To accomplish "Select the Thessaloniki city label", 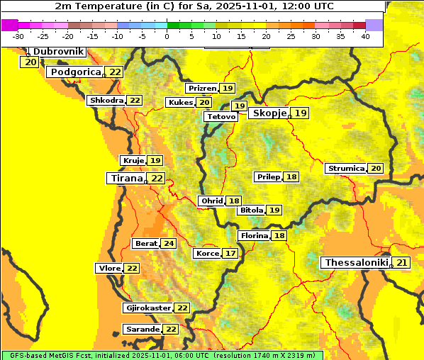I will (356, 263).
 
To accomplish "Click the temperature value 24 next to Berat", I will (168, 244).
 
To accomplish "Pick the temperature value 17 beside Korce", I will (230, 254).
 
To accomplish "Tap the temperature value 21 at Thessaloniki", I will (402, 263).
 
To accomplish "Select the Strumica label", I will (345, 169).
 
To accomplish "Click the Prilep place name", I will (268, 176).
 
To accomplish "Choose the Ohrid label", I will (211, 201).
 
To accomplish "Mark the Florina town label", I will (254, 236).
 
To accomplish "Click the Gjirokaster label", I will (147, 308).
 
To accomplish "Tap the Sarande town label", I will (142, 330).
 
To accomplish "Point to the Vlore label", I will (109, 269).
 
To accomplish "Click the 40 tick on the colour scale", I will (365, 36).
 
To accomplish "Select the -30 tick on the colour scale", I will (18, 36).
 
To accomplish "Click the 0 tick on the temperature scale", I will (167, 36).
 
